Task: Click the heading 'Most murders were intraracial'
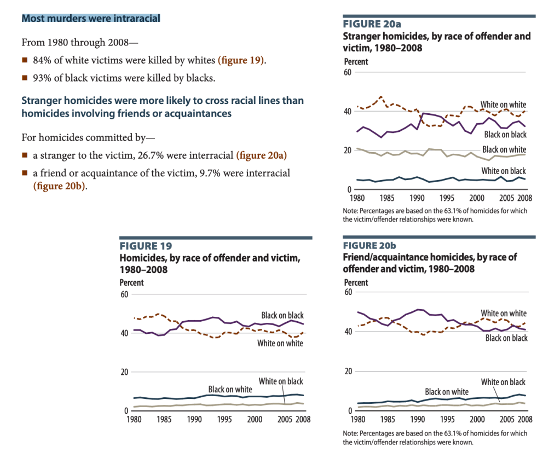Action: pos(91,19)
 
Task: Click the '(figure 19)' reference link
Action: pos(241,60)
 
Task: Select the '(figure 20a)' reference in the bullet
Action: pos(262,155)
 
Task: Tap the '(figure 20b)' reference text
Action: pos(60,186)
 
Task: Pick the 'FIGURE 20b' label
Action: pos(372,246)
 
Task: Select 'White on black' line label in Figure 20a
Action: pos(504,171)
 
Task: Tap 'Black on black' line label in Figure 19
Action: pos(282,315)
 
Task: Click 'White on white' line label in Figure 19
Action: pos(280,343)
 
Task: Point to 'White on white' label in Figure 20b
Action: pos(504,314)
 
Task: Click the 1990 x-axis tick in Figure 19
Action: pos(194,419)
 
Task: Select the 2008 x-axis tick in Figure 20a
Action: pos(524,198)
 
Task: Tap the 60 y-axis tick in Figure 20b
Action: pos(348,292)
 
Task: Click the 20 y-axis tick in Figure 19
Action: pos(124,372)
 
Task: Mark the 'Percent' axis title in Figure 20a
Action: pos(356,62)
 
